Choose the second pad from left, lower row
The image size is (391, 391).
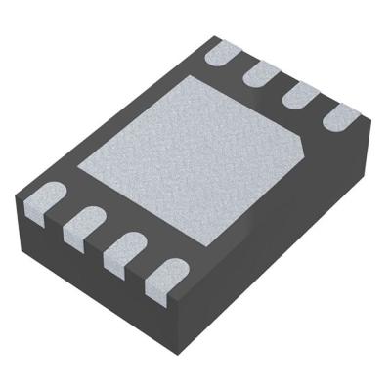click(x=83, y=227)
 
